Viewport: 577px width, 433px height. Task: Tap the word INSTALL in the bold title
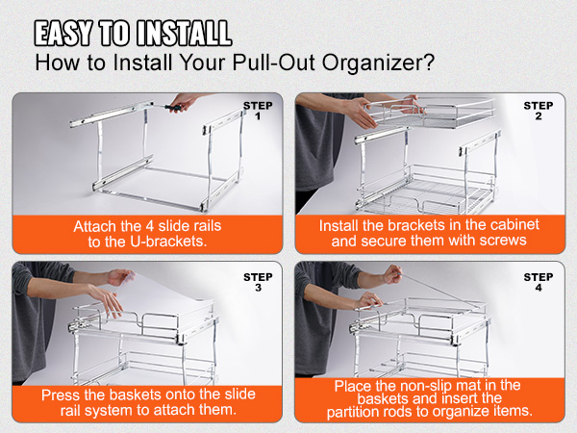185,33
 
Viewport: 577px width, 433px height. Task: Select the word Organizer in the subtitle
373,63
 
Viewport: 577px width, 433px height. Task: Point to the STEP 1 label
258,111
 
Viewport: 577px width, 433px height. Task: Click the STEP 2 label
539,111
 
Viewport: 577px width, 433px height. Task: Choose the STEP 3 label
258,282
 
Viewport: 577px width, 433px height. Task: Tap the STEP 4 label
539,282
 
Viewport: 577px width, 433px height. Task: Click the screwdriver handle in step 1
172,108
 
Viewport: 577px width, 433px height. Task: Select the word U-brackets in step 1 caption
168,242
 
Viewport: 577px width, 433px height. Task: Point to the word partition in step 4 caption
357,412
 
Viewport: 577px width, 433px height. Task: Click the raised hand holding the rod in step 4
392,274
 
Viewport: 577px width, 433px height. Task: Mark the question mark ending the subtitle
430,62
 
